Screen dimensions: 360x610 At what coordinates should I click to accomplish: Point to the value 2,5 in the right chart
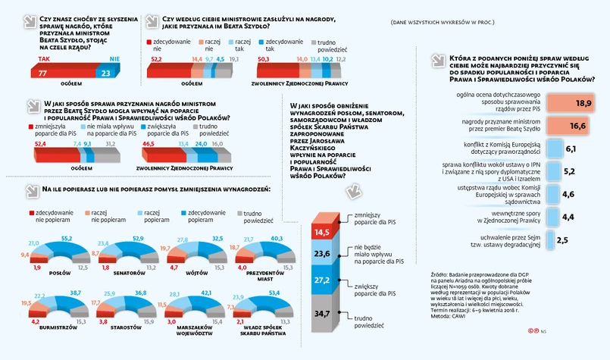coord(562,239)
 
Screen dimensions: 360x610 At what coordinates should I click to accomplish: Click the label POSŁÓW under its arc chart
coord(59,273)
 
